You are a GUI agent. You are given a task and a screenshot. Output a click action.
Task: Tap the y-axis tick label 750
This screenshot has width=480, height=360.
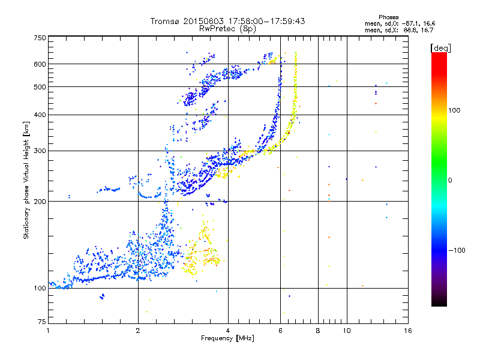pyautogui.click(x=40, y=38)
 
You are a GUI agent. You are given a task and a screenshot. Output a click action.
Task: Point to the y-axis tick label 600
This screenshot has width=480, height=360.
pyautogui.click(x=40, y=64)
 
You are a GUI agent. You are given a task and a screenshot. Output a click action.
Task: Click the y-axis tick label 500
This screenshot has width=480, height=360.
pyautogui.click(x=40, y=87)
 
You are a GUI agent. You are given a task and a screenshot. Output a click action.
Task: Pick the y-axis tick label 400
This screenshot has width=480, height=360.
pyautogui.click(x=40, y=115)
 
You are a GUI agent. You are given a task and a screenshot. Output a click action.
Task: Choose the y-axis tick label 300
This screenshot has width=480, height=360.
pyautogui.click(x=40, y=151)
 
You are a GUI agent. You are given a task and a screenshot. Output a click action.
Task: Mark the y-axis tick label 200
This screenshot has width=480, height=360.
pyautogui.click(x=40, y=202)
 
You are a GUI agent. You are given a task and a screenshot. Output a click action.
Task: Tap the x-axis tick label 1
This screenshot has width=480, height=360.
pyautogui.click(x=48, y=331)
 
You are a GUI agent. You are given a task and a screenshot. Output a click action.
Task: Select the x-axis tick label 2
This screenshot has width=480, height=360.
pyautogui.click(x=138, y=331)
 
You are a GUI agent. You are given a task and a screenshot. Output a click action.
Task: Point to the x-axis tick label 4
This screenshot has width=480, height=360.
pyautogui.click(x=228, y=331)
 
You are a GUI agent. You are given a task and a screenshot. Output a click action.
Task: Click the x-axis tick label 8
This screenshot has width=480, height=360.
pyautogui.click(x=318, y=331)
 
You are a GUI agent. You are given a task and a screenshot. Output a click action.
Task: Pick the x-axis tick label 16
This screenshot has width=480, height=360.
pyautogui.click(x=407, y=331)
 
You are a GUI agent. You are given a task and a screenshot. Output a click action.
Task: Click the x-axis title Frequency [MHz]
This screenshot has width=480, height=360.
pyautogui.click(x=227, y=339)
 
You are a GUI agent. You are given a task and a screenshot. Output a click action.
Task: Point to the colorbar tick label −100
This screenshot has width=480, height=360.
pyautogui.click(x=457, y=250)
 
